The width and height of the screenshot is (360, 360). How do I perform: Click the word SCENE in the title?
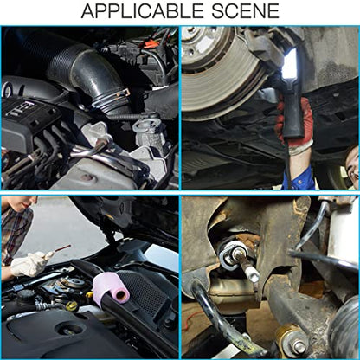point(245,11)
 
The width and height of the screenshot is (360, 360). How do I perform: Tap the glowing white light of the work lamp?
point(290,65)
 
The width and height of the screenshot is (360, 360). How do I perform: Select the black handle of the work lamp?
point(292,115)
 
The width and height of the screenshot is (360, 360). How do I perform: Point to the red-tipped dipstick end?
point(63,248)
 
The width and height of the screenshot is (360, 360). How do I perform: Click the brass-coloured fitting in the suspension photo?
point(290,340)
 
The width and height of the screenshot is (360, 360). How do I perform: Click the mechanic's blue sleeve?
point(301,177)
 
